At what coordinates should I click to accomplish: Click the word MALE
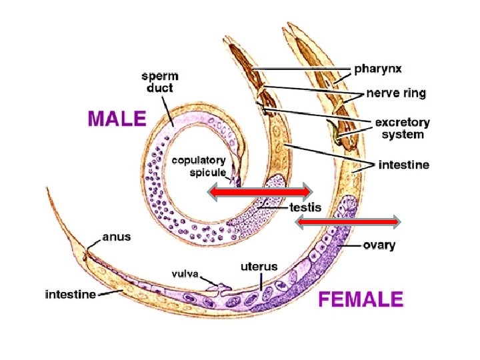point(116,119)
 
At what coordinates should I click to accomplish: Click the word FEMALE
point(361,298)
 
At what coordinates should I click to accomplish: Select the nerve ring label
point(395,93)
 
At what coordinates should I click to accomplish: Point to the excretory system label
point(402,128)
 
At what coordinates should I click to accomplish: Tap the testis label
point(305,207)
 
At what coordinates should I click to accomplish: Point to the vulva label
point(181,273)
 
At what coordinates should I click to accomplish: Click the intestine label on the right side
point(403,164)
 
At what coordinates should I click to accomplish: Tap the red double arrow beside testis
point(259,192)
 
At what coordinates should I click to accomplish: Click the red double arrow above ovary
point(347,221)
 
